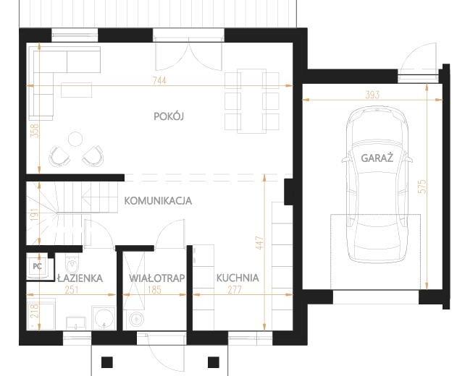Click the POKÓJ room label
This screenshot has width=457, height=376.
point(169,116)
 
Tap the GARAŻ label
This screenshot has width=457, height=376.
point(377,158)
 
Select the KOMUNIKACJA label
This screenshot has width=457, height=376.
point(158,201)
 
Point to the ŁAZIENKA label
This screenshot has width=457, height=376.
point(80,278)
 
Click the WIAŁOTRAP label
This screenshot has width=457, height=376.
point(157,278)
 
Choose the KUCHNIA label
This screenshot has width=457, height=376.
point(238,278)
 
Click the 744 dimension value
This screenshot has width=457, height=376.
point(159,80)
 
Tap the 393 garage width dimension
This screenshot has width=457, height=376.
point(372,95)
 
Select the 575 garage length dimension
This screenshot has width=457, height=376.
point(422,187)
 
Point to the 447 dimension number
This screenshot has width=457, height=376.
point(260,243)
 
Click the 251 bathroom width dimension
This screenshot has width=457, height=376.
point(72,290)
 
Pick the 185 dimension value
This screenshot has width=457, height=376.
point(154,290)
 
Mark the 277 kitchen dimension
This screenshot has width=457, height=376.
point(235,290)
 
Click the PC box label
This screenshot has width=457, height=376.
point(38,266)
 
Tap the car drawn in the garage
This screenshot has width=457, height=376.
point(377,185)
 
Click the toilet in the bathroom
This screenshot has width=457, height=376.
point(72,264)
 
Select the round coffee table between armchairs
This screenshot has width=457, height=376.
point(75,139)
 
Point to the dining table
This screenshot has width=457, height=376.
point(252,101)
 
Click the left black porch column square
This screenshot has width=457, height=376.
point(107,362)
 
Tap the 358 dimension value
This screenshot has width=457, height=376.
point(34,131)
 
